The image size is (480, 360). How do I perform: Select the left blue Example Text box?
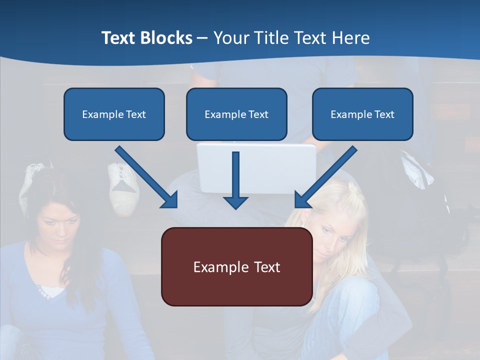[x=114, y=114]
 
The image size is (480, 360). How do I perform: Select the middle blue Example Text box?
[x=236, y=114]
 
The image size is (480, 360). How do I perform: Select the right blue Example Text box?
[x=362, y=114]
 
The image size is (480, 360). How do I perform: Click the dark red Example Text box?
[x=236, y=266]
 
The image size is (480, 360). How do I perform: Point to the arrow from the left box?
[x=146, y=176]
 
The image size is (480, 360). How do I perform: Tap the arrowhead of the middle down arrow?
[x=235, y=202]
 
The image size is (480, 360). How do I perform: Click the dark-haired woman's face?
[x=58, y=225]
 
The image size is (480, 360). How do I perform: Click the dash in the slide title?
[x=202, y=38]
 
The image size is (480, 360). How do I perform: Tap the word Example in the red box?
[x=217, y=266]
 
